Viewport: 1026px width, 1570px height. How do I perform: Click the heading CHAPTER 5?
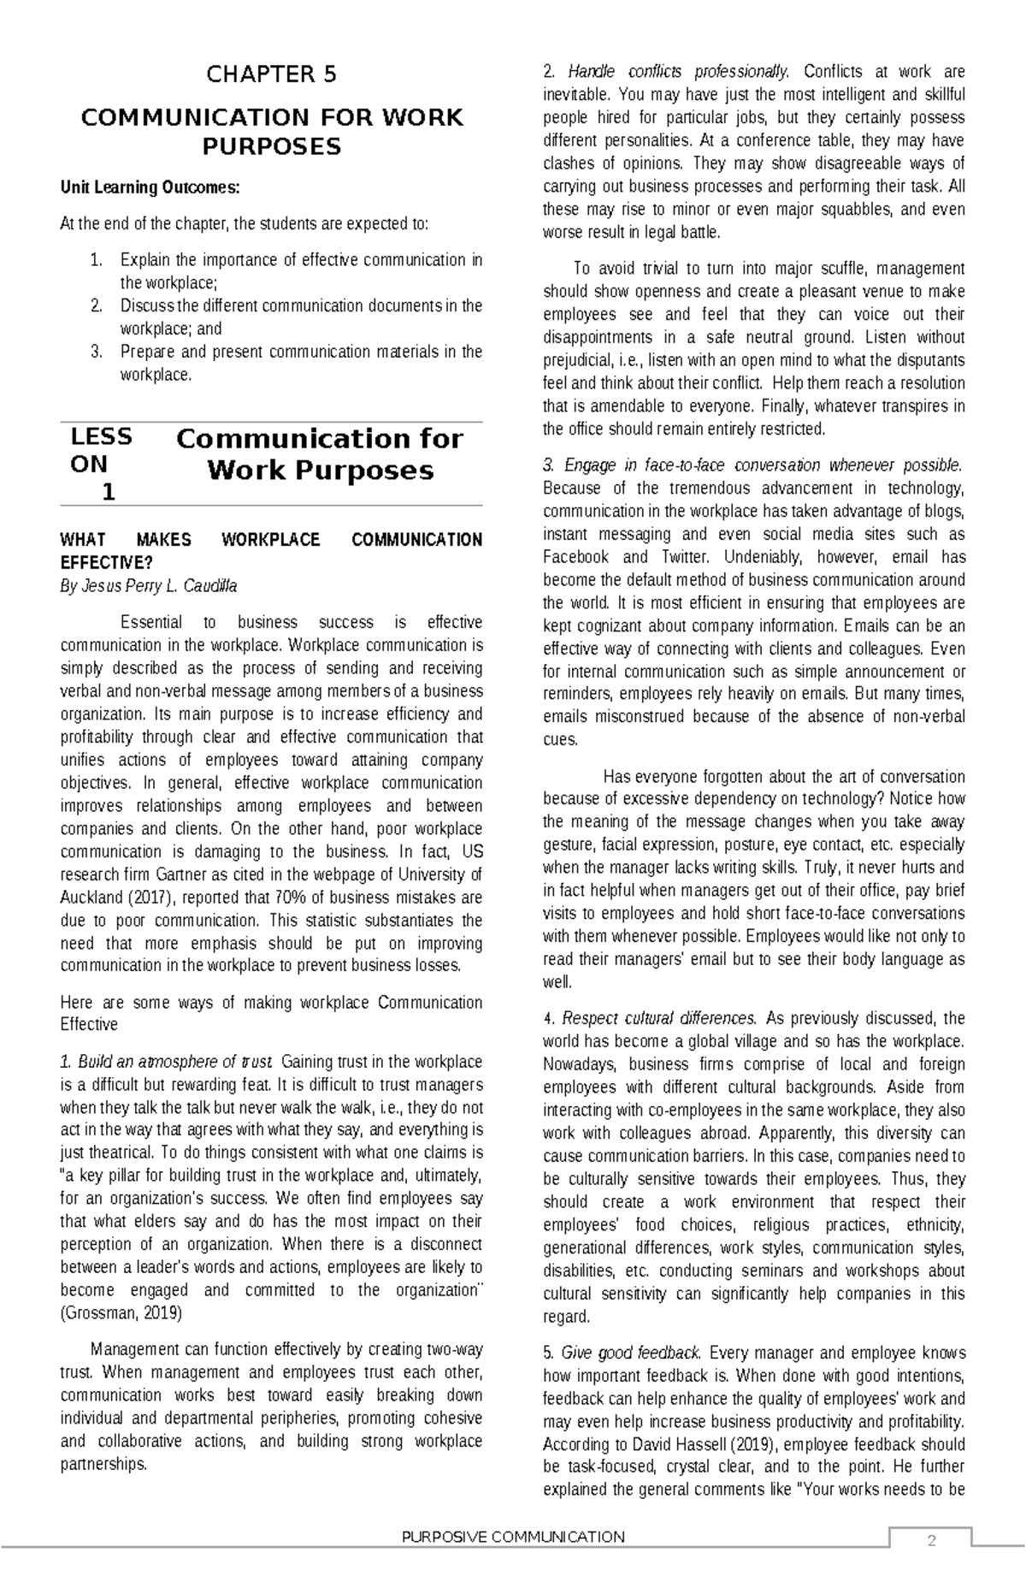point(271,74)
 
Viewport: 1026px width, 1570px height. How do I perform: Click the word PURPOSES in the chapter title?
point(271,147)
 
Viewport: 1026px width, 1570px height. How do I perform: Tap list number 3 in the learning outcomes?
point(96,352)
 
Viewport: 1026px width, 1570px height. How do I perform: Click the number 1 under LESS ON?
point(108,492)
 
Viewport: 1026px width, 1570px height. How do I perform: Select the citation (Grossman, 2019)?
point(121,1313)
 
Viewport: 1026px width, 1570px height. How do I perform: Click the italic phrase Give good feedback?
point(631,1353)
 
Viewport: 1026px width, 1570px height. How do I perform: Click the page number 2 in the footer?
point(931,1542)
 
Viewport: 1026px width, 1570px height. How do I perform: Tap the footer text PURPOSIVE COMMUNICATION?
point(513,1537)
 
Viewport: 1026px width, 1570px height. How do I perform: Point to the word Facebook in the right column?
point(576,557)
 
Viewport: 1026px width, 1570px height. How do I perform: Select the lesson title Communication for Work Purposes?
point(319,454)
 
